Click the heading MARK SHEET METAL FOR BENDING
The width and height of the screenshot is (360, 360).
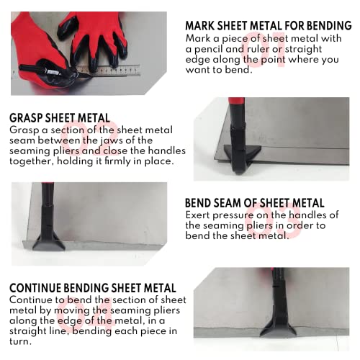click(268, 26)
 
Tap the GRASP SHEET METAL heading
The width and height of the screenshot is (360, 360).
click(60, 117)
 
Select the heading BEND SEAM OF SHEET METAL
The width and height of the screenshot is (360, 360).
click(255, 203)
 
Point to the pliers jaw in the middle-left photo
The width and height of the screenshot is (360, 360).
click(50, 240)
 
